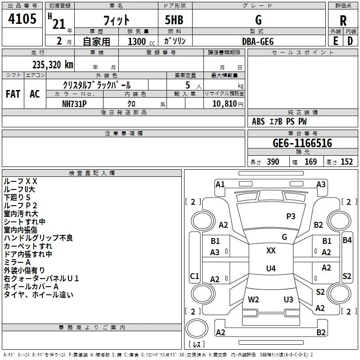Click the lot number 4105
[x=22, y=18]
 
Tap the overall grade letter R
[x=343, y=21]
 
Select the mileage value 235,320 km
[x=53, y=65]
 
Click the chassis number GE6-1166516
[x=302, y=143]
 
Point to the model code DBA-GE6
[x=258, y=41]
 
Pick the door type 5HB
[x=174, y=20]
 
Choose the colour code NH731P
[x=74, y=104]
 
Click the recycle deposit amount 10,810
[x=224, y=103]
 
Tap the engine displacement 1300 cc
[x=141, y=41]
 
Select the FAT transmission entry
[x=13, y=94]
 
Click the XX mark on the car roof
[x=271, y=251]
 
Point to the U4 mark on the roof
[x=271, y=268]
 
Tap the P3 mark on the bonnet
[x=291, y=216]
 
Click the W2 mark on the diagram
[x=253, y=300]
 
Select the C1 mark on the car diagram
[x=194, y=276]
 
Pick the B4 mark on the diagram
[x=347, y=240]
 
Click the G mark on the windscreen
[x=284, y=237]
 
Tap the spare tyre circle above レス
[x=197, y=328]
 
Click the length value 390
[x=273, y=162]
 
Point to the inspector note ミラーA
[x=17, y=262]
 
